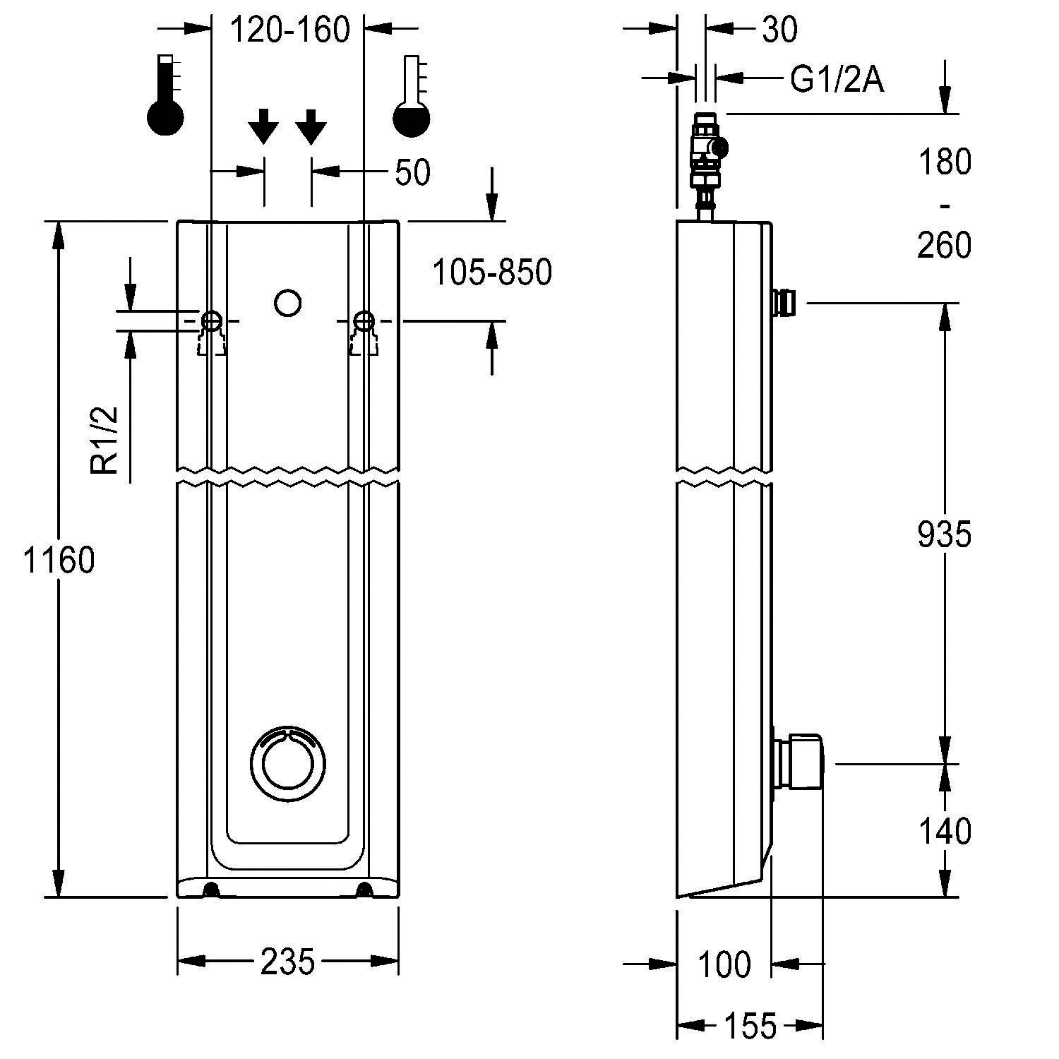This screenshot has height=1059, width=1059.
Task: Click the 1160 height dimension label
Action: [x=59, y=561]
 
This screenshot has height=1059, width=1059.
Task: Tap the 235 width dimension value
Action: [x=287, y=962]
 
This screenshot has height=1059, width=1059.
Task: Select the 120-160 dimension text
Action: [x=290, y=30]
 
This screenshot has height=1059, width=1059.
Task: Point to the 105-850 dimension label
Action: [x=491, y=273]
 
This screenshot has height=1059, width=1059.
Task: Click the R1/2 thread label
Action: [x=105, y=439]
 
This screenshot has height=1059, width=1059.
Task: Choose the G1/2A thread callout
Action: [x=837, y=80]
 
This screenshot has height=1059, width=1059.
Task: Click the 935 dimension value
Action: [x=945, y=534]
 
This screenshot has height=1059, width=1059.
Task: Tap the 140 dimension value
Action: [x=945, y=832]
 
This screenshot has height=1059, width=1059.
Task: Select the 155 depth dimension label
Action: [x=749, y=1025]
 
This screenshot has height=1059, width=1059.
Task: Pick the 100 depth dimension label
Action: [x=725, y=964]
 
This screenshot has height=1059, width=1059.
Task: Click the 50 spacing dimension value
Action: [x=412, y=172]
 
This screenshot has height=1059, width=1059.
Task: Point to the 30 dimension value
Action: [x=780, y=30]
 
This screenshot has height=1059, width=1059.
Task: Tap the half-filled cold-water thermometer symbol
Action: [x=412, y=97]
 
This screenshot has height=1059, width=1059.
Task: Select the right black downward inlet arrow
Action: [x=311, y=127]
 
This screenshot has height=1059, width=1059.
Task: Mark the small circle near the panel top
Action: [x=287, y=303]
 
